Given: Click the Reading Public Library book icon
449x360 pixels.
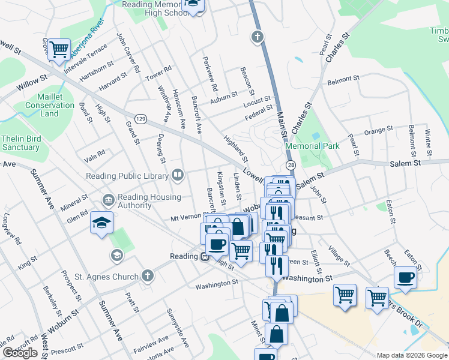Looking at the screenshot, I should point(178,176).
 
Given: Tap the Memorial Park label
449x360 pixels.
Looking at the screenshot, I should point(312,146).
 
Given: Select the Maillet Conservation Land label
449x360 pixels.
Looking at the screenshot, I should point(49,105).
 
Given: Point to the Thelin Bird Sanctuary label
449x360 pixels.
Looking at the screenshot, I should point(20,143).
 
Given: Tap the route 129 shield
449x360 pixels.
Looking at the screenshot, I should point(140,119).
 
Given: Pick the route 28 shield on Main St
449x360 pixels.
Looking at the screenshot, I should point(291,165).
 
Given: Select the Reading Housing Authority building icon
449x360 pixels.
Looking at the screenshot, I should point(109,199).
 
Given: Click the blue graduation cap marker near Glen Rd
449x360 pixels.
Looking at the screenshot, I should point(101,223).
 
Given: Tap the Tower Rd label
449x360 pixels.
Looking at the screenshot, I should point(158,74).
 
